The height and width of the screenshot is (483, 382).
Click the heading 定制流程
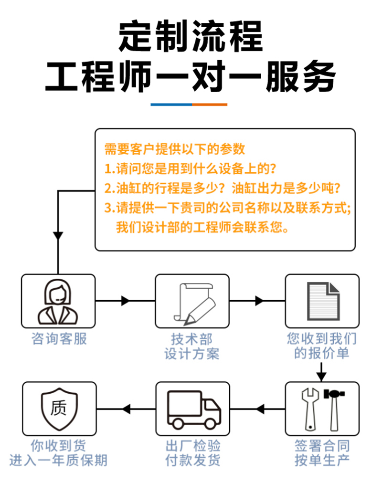(x=191, y=37)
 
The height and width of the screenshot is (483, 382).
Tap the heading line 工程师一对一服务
(x=191, y=76)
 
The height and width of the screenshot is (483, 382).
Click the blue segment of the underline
(x=171, y=104)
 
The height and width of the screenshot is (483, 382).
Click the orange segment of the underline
(x=210, y=104)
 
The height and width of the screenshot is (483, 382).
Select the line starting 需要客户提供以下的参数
(x=175, y=149)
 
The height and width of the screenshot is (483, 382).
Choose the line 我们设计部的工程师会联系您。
(x=202, y=227)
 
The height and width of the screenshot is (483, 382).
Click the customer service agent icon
(x=58, y=301)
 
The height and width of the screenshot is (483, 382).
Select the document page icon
(x=322, y=301)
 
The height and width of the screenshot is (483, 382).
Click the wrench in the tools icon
(x=309, y=408)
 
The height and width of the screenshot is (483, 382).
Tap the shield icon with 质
(x=59, y=409)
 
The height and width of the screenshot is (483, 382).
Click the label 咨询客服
(x=59, y=339)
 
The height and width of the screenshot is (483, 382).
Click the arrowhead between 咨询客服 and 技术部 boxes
(x=126, y=301)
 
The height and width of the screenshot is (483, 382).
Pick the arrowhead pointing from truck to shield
(x=126, y=409)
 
